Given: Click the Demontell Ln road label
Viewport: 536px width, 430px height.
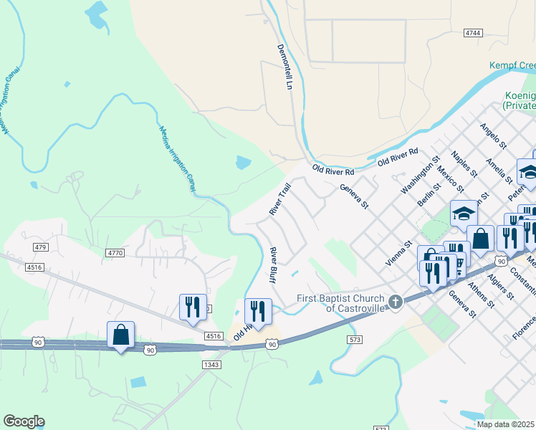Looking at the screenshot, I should [x=285, y=66].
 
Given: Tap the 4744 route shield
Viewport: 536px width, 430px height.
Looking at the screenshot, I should [x=473, y=33].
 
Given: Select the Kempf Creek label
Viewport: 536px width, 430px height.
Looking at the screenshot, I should [x=512, y=65].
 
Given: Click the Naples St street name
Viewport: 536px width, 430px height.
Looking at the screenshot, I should [x=464, y=163].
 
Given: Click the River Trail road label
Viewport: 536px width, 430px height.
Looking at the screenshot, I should [x=279, y=199].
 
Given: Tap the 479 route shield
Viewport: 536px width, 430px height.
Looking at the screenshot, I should [x=39, y=247].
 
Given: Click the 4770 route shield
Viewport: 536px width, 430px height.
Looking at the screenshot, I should [x=115, y=253].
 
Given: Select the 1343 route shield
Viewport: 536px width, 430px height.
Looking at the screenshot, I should [x=211, y=364].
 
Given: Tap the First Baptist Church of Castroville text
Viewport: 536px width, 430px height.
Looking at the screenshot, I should [x=341, y=302].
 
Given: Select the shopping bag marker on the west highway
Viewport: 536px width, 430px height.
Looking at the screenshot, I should [x=120, y=335].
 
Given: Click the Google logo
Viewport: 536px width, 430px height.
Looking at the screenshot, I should [x=24, y=421].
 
